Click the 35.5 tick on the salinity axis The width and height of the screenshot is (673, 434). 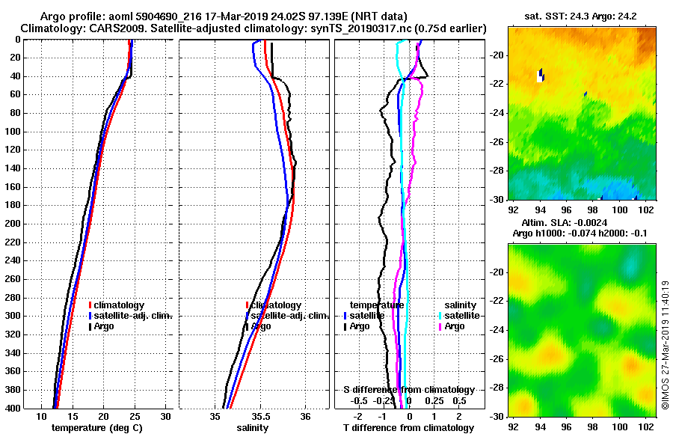[x=260, y=417]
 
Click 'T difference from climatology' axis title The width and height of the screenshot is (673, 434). [x=408, y=428]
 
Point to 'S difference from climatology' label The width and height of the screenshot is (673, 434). [x=408, y=390]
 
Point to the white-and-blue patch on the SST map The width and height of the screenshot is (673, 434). [x=540, y=75]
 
